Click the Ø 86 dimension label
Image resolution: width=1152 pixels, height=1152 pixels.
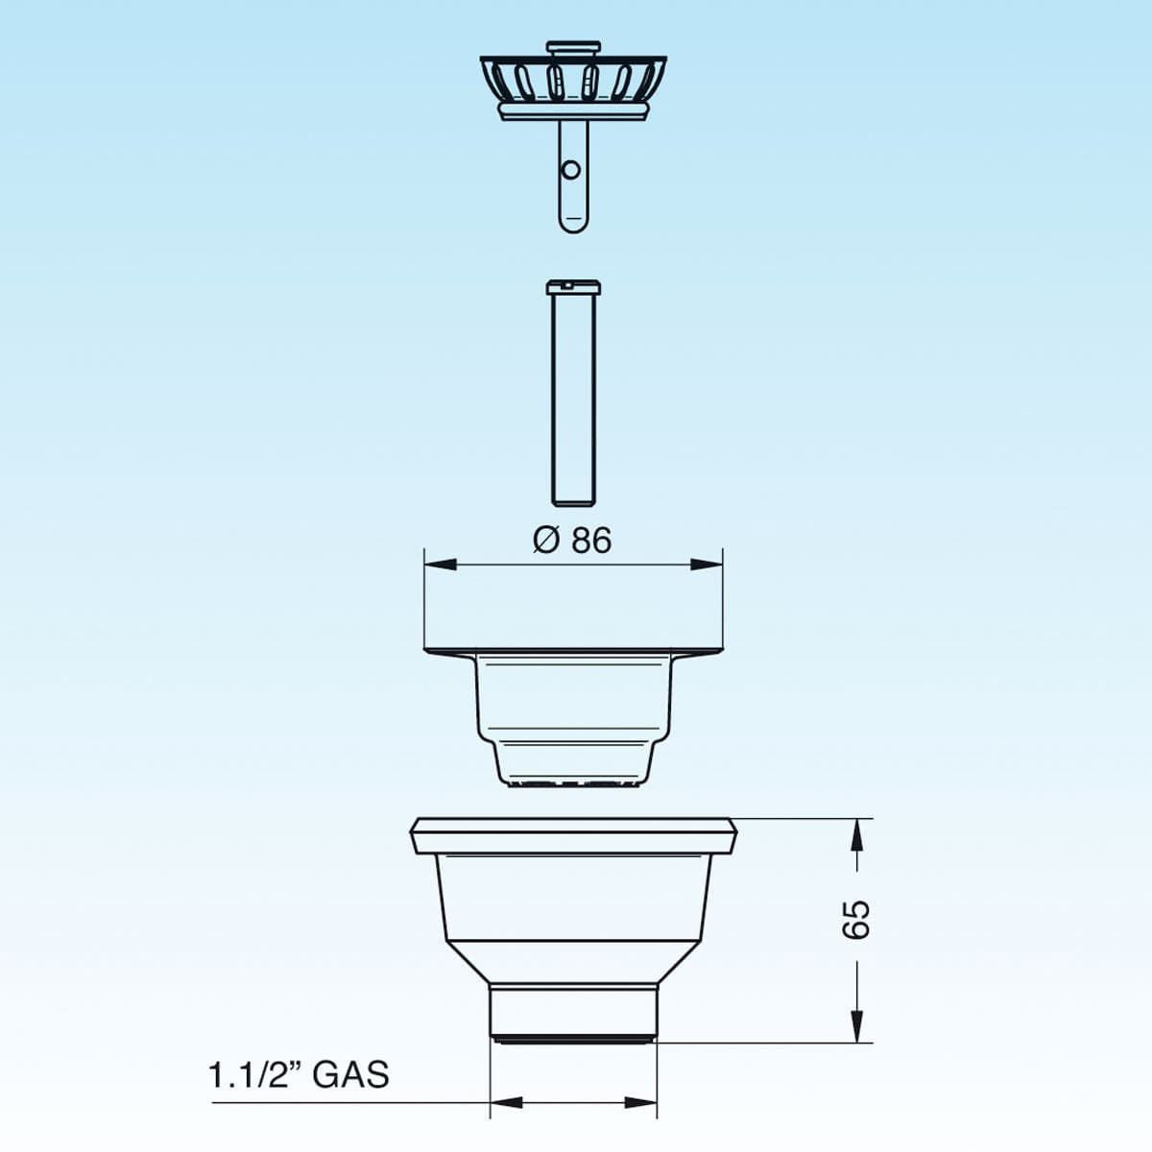[x=572, y=540]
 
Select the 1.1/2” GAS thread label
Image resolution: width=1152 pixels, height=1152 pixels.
[x=299, y=1074]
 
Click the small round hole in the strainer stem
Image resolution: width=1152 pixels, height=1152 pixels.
[x=571, y=170]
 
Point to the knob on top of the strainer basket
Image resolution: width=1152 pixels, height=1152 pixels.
[x=573, y=48]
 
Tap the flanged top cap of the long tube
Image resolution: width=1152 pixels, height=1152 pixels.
[x=574, y=287]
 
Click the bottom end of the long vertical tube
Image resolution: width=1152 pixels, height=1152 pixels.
[x=573, y=503]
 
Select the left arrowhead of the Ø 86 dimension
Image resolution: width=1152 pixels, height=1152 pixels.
[x=440, y=564]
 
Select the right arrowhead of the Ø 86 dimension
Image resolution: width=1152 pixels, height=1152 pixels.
[x=707, y=564]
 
